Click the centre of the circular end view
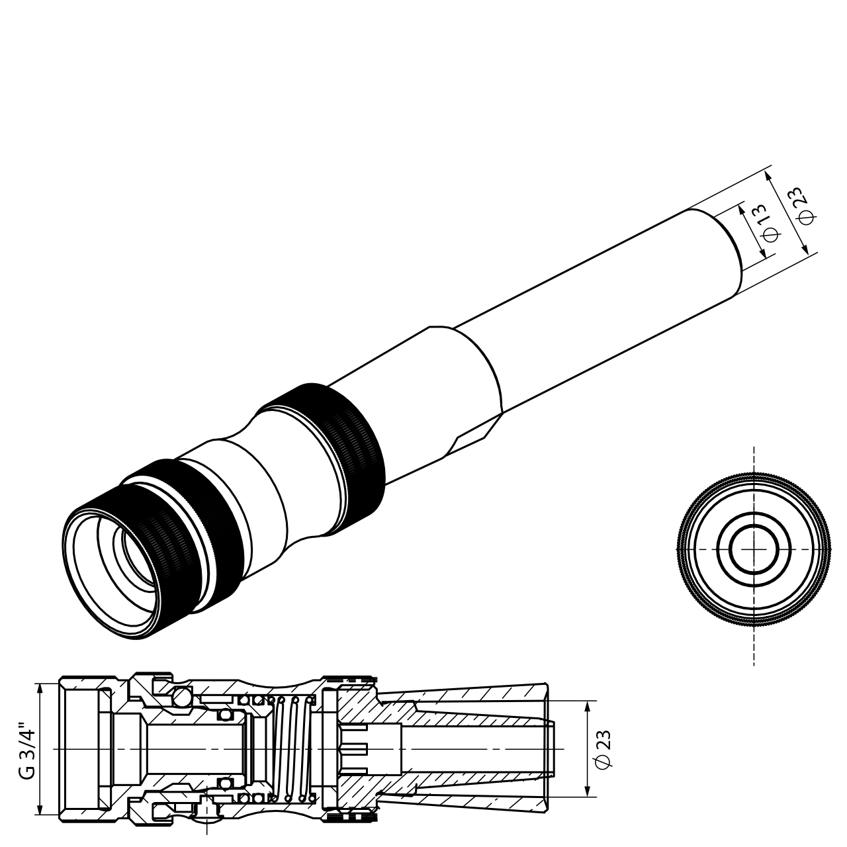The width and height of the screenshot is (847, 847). click(x=754, y=550)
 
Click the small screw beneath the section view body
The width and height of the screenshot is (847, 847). click(x=208, y=809)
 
